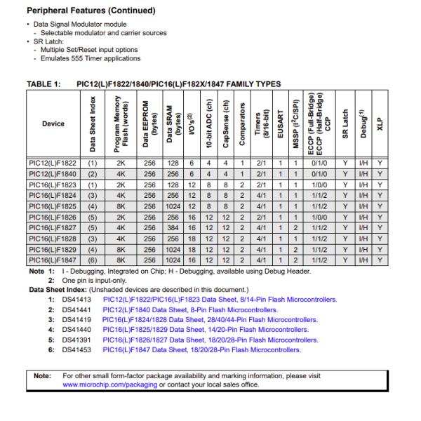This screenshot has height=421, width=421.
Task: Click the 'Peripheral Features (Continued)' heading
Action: tap(91, 11)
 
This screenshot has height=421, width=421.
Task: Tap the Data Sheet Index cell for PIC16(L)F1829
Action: tap(91, 248)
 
